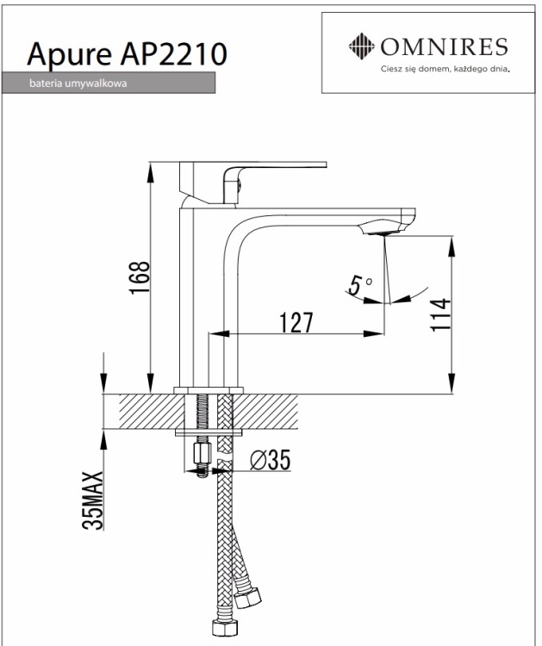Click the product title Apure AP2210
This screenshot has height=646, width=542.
tap(128, 54)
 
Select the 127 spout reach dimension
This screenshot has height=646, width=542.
tap(296, 322)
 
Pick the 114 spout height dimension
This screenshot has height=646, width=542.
tap(441, 317)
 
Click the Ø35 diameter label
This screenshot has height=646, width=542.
tap(269, 462)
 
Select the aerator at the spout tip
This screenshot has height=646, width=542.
tap(386, 231)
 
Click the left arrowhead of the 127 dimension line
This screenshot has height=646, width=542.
tap(216, 332)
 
